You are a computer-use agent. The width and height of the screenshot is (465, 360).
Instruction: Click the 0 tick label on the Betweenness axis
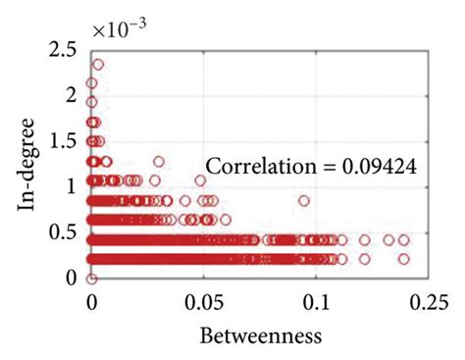92,300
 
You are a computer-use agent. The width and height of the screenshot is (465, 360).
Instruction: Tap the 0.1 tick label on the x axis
316,300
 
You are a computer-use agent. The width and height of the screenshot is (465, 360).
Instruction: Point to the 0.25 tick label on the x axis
424,300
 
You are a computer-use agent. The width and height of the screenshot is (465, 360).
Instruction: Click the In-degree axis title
26,164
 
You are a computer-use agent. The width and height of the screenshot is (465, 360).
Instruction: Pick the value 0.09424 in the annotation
381,168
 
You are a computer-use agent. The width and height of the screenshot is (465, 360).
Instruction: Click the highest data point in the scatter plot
97,65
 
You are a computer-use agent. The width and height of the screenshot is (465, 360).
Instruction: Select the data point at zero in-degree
92,279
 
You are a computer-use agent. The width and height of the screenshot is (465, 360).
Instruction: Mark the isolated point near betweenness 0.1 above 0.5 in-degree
304,201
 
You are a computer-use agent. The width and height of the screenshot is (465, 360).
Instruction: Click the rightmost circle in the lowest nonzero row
404,259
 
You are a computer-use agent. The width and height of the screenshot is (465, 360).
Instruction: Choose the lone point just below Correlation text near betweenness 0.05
201,180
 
